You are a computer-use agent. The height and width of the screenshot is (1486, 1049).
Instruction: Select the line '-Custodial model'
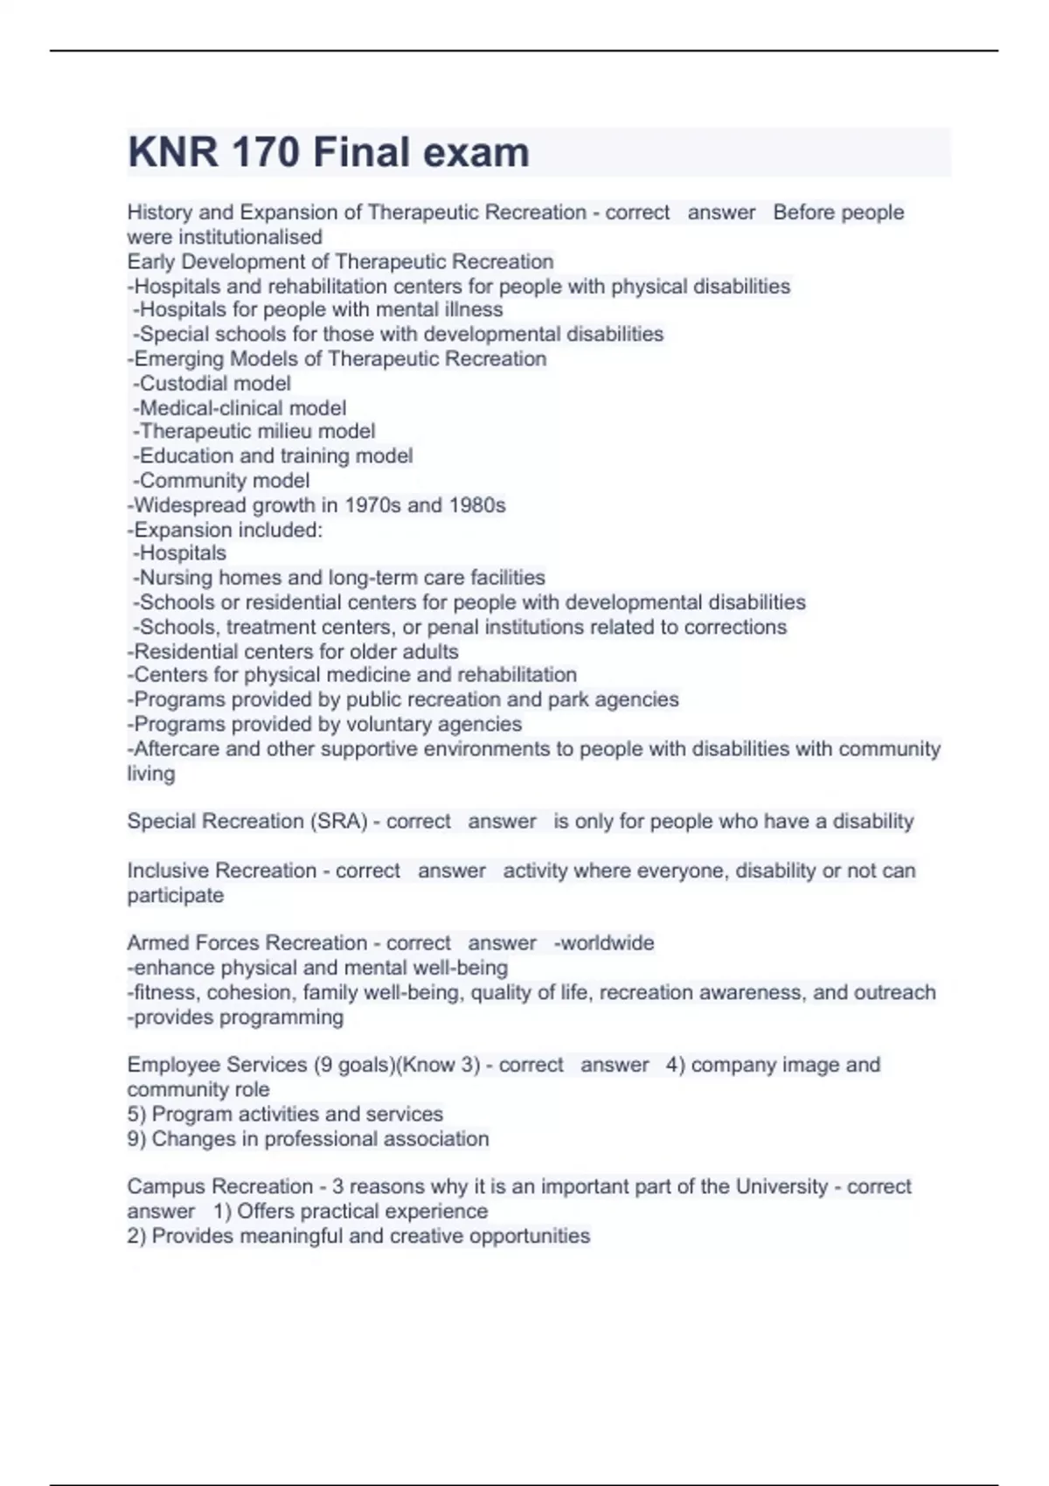click(x=212, y=383)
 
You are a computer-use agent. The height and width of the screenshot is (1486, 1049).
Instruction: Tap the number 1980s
click(x=476, y=505)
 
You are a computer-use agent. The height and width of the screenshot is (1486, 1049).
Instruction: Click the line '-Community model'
click(x=221, y=480)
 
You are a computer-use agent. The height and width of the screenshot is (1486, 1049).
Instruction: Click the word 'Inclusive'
click(x=167, y=871)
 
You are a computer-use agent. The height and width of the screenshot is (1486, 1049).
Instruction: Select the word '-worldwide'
click(x=604, y=943)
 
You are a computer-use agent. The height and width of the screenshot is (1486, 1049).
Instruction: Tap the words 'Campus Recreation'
click(x=219, y=1186)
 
